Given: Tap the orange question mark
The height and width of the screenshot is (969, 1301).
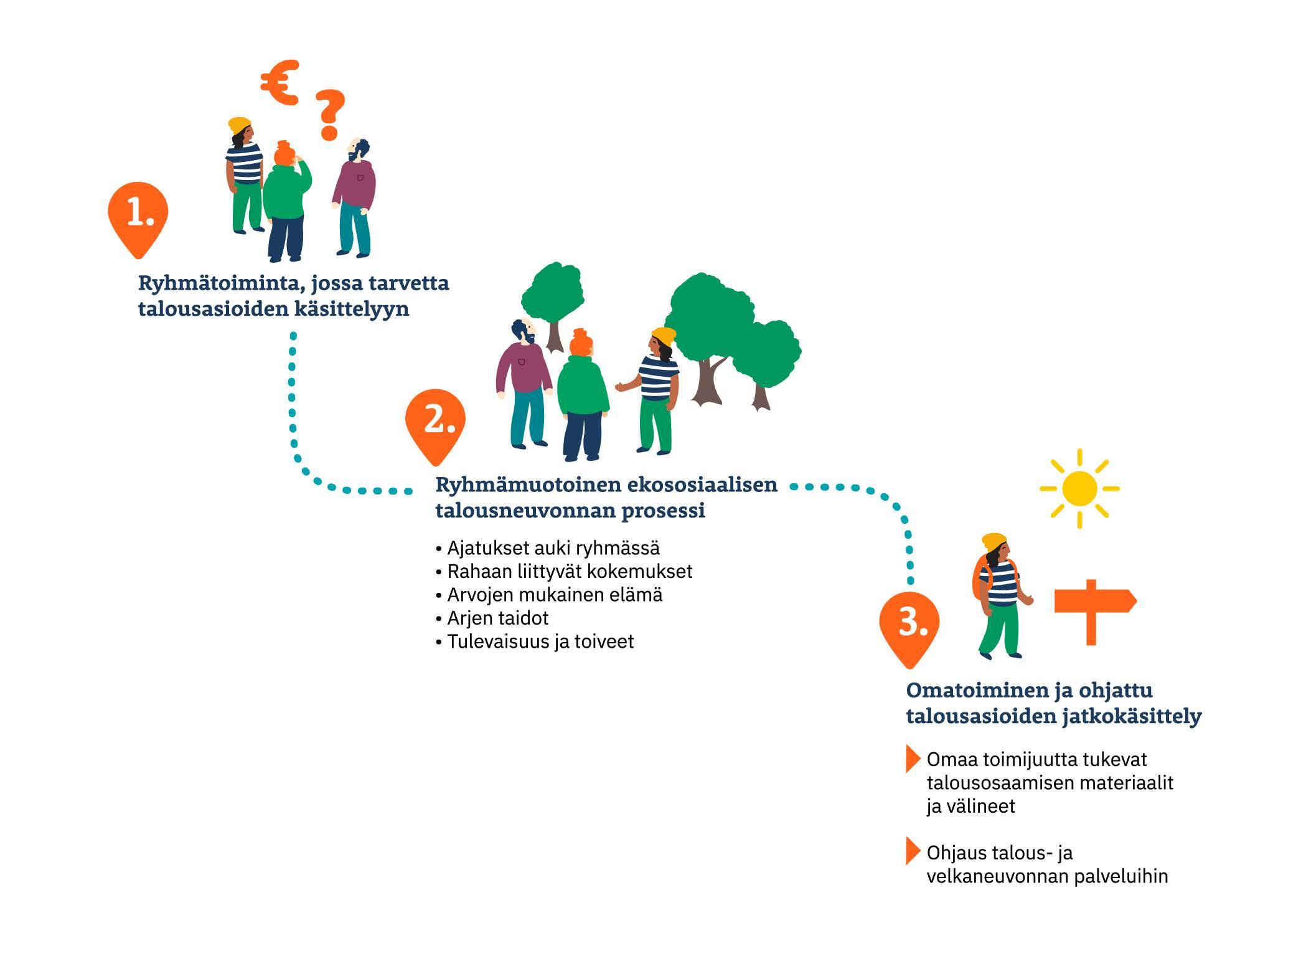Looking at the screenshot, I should pos(329,114).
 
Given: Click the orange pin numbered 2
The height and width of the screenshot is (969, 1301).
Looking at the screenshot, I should pos(435,422).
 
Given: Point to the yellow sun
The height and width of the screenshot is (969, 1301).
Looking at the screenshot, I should pos(1079,488).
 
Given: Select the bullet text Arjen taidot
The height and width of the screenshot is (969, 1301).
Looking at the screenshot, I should pos(497,618).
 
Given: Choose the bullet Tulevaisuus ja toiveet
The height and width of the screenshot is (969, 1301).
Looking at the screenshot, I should pos(540,641).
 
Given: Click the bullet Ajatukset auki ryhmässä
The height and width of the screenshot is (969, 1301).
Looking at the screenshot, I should pos(553,548).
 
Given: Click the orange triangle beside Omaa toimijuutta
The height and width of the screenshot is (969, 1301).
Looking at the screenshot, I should pos(913,759).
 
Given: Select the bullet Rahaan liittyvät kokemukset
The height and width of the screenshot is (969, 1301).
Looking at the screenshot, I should pos(570,571).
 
